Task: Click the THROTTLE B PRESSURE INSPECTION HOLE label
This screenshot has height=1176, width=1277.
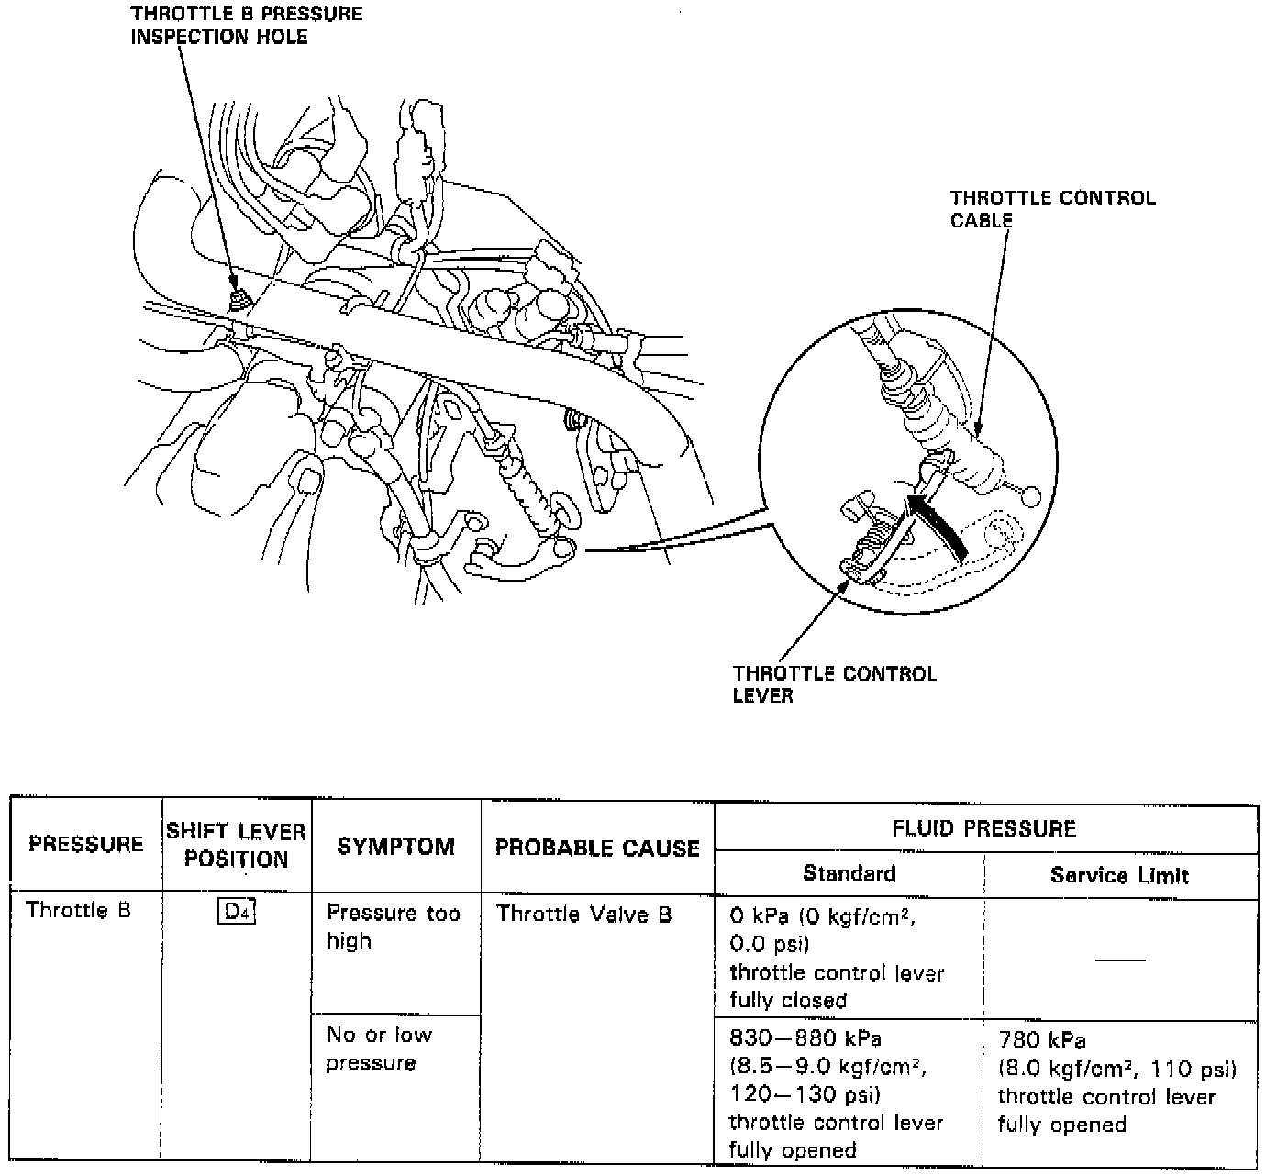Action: (x=246, y=26)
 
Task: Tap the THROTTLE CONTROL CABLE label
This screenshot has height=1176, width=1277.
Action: (x=1052, y=209)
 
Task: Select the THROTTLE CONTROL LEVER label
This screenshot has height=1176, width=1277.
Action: (x=834, y=684)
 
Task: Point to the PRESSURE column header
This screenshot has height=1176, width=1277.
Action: (x=86, y=844)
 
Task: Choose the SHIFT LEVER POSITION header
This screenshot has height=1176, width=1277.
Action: (x=237, y=845)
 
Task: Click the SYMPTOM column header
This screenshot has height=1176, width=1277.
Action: (x=395, y=846)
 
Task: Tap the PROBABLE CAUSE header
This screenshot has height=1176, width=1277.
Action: (x=597, y=848)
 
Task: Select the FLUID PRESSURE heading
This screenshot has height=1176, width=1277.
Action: (x=983, y=829)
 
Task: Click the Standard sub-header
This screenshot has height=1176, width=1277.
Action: (x=849, y=872)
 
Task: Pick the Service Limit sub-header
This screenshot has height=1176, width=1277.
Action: (x=1119, y=875)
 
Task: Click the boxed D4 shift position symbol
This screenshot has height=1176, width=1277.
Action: (x=237, y=913)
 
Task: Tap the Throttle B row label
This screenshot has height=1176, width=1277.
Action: (x=78, y=910)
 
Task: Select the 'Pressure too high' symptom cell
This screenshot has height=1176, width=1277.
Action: (x=393, y=926)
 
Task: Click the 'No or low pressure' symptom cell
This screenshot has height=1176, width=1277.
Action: (x=378, y=1048)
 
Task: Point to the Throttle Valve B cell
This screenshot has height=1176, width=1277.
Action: (x=583, y=914)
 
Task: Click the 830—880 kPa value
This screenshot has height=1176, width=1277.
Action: (x=805, y=1039)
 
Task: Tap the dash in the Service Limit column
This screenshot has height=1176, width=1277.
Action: (x=1120, y=960)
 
